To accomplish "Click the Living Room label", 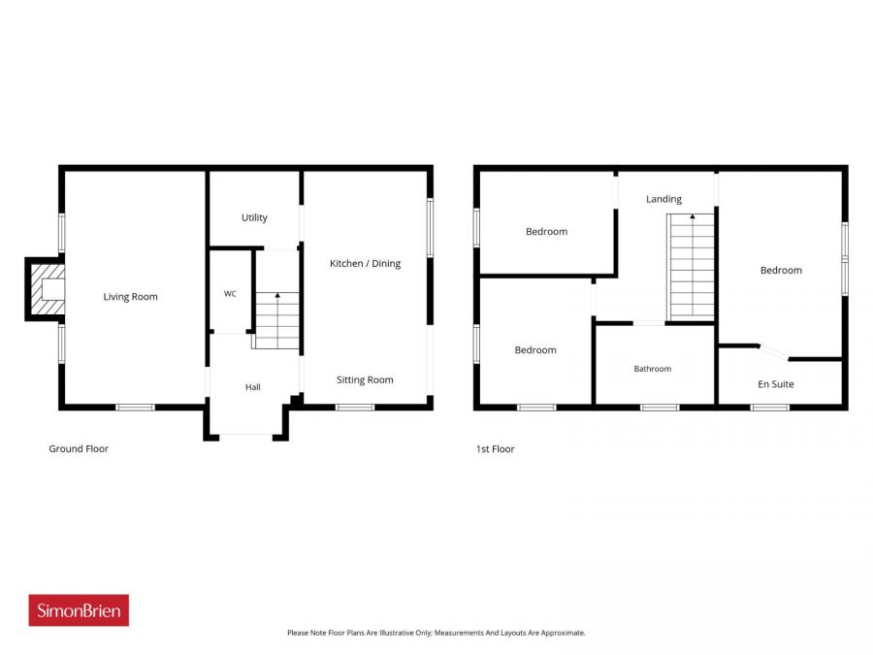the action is click(x=130, y=297).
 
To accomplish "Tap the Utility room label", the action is click(x=254, y=217).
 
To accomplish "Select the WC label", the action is click(x=230, y=293).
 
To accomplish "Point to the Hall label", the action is click(x=253, y=387).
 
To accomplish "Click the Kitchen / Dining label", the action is click(x=366, y=263).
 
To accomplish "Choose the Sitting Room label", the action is click(x=365, y=379).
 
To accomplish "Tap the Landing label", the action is click(x=663, y=199).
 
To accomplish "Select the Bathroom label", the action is click(x=653, y=369).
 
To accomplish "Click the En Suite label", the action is click(x=776, y=383).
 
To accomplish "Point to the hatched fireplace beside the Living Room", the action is click(x=47, y=289).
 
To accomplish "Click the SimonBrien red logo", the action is click(x=79, y=610).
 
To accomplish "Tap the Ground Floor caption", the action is click(x=79, y=448).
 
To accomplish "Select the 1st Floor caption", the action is click(x=495, y=449).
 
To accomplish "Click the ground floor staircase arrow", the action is click(x=277, y=320).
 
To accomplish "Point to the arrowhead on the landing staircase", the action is click(x=692, y=216).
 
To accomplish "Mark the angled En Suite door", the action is click(x=773, y=352).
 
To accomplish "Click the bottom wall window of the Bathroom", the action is click(x=660, y=408).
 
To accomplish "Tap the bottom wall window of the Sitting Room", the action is click(x=355, y=408).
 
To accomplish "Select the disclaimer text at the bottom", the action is click(x=436, y=633).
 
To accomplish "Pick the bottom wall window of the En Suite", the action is click(x=769, y=408).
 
